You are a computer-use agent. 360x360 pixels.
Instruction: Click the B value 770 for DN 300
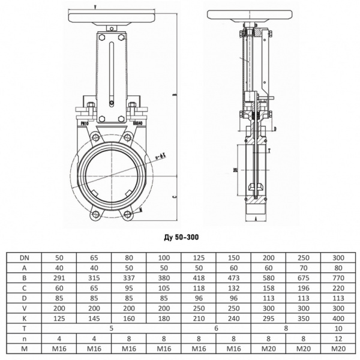click(339, 278)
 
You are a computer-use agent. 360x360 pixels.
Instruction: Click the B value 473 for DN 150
click(234, 278)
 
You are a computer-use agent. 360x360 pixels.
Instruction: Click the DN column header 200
click(269, 257)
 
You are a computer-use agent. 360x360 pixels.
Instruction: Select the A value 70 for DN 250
click(304, 268)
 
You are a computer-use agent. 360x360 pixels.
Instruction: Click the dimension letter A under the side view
click(256, 221)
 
